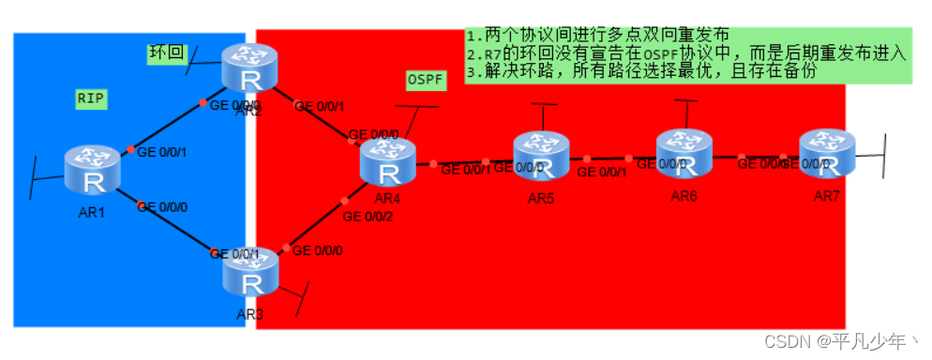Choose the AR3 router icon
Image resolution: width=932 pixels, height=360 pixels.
tap(249, 275)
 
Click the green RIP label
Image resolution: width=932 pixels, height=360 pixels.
tap(90, 97)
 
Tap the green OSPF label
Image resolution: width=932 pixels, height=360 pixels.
tap(424, 81)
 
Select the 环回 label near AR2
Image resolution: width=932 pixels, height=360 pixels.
tap(166, 52)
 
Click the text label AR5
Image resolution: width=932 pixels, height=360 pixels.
tap(541, 198)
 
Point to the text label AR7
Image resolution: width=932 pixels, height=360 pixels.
tap(826, 196)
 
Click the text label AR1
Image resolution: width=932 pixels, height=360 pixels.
tap(92, 213)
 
